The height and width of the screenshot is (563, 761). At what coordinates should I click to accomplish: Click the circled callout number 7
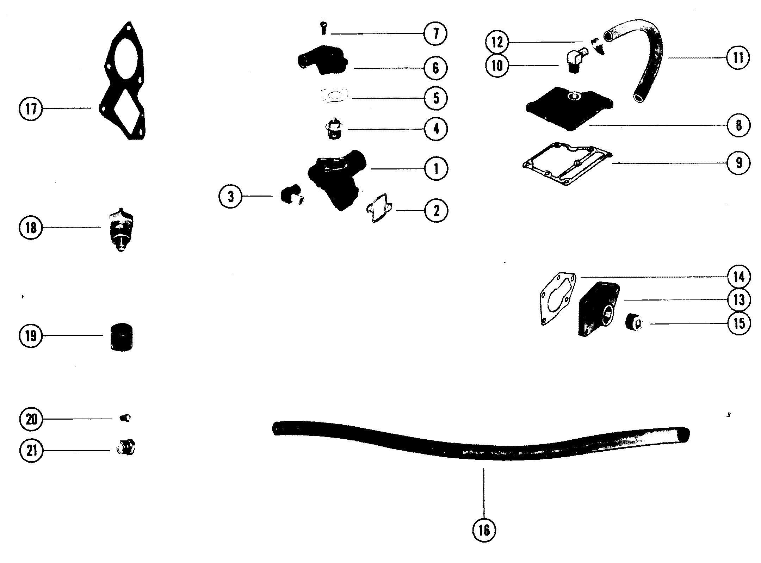click(x=435, y=34)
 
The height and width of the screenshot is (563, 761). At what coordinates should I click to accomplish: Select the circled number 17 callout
click(x=31, y=109)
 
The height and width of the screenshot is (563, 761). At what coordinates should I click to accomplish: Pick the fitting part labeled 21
click(x=126, y=447)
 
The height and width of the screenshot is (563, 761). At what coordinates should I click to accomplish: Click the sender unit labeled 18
click(x=121, y=229)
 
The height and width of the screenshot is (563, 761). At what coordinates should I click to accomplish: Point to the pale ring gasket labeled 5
click(x=334, y=97)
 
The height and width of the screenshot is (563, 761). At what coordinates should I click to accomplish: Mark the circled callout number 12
click(x=497, y=43)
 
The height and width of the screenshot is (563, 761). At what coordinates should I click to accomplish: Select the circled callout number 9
click(x=739, y=163)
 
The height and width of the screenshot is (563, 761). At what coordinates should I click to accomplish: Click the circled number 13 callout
click(x=739, y=300)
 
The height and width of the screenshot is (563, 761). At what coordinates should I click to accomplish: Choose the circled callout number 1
click(x=436, y=168)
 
